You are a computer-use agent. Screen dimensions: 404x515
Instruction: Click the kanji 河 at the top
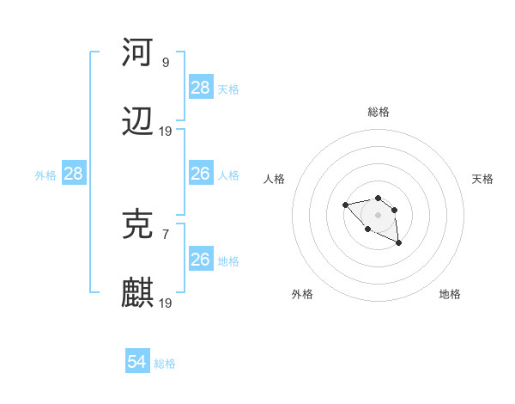(x=137, y=52)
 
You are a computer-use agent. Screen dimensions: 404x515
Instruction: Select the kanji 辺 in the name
(x=137, y=124)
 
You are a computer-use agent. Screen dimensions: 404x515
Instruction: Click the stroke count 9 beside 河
(x=165, y=62)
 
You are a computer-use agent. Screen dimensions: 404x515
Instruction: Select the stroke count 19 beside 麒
(x=165, y=303)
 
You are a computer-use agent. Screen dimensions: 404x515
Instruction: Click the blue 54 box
(x=137, y=362)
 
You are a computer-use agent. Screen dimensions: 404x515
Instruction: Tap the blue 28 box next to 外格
(x=74, y=174)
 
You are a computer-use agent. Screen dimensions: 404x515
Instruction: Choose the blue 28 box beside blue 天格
(x=201, y=88)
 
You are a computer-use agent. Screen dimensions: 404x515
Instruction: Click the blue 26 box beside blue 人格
(x=201, y=174)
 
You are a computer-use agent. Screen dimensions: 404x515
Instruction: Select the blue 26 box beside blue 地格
(x=201, y=260)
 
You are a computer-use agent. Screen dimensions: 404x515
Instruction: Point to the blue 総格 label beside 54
(x=165, y=364)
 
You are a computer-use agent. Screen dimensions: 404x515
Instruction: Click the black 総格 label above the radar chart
(x=379, y=112)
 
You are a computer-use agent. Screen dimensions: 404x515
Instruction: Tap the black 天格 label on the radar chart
(x=482, y=179)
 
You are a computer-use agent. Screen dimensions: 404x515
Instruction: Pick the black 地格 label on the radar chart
(x=450, y=294)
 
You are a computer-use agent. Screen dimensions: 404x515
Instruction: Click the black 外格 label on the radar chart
(x=303, y=294)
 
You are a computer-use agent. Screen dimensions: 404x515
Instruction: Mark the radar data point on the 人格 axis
(x=345, y=205)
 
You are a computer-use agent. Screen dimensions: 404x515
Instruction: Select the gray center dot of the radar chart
(x=378, y=215)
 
